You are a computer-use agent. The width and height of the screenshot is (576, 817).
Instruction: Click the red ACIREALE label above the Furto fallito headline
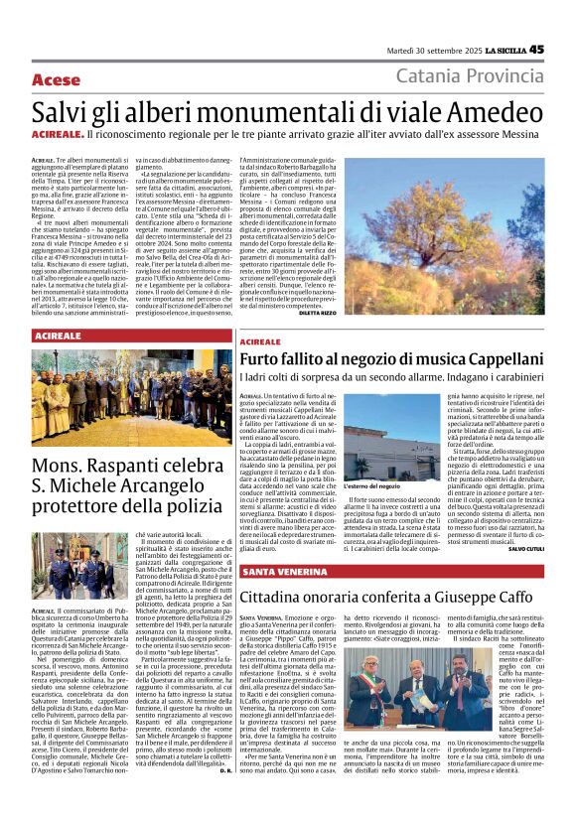pyautogui.click(x=260, y=341)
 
